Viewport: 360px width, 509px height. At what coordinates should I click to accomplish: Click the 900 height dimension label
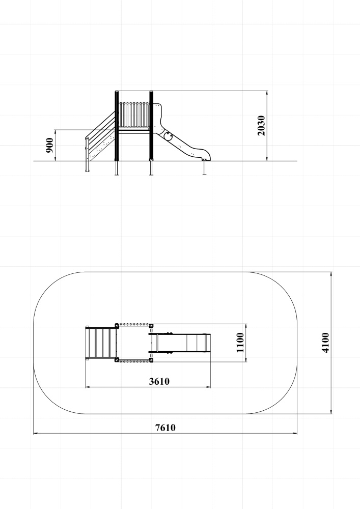click(x=49, y=145)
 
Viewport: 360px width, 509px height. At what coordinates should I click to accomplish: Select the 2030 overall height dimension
click(x=261, y=126)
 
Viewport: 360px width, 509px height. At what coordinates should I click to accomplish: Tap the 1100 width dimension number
click(x=240, y=343)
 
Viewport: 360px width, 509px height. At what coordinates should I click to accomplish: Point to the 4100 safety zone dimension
click(x=325, y=343)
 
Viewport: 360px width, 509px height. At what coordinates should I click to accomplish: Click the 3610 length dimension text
click(x=159, y=381)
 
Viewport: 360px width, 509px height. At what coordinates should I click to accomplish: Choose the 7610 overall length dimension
click(x=165, y=428)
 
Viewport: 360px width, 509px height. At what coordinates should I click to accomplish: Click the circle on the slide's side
click(x=168, y=136)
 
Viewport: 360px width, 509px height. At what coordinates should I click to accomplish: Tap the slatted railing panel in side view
click(x=134, y=116)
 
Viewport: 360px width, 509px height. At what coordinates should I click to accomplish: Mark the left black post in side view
click(x=117, y=126)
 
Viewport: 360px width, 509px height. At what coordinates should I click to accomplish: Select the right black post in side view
click(x=151, y=126)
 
